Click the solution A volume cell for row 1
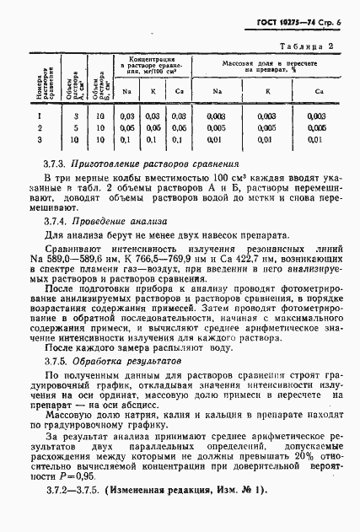(52, 115)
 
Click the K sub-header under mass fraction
(267, 90)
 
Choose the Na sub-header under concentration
(127, 90)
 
